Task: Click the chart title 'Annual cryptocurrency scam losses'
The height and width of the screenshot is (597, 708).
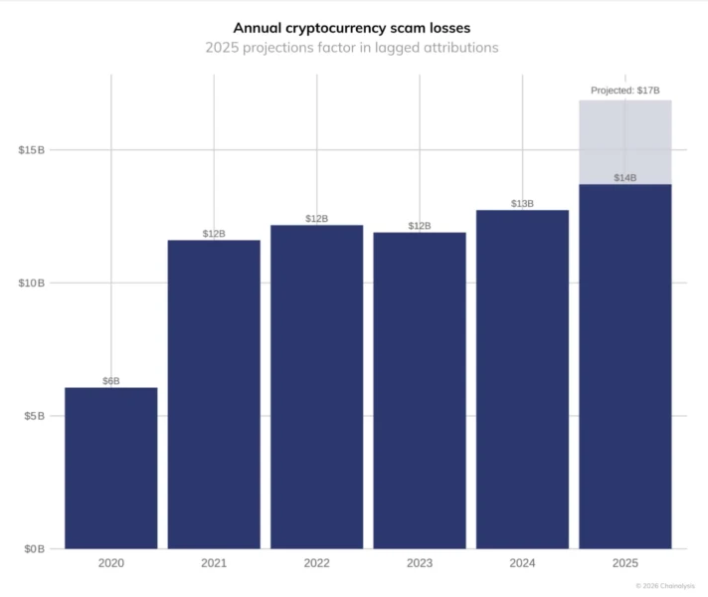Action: tap(352, 28)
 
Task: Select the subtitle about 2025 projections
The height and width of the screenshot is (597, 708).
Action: tap(352, 48)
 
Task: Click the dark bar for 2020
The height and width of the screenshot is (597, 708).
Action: tap(111, 469)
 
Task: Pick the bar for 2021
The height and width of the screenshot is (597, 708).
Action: tap(214, 395)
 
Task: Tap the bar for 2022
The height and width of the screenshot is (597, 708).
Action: tap(317, 387)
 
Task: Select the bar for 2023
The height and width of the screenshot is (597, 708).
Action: tap(420, 391)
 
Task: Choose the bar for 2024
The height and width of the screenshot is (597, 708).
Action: tap(522, 380)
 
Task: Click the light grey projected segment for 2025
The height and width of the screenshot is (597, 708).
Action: tap(625, 142)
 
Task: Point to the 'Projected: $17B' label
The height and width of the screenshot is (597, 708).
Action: tap(625, 91)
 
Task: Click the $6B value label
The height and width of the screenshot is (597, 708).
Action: tap(111, 381)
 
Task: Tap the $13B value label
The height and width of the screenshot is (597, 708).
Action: tap(522, 204)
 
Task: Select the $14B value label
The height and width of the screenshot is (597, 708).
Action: tap(625, 178)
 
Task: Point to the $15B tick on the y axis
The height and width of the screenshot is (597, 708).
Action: tap(32, 150)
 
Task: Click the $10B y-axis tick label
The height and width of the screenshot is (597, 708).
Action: tap(32, 283)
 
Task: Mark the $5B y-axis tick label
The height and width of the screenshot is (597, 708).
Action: tap(35, 416)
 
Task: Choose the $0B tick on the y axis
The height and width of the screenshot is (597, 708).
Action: tap(35, 549)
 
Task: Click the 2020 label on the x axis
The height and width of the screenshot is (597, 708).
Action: tap(111, 563)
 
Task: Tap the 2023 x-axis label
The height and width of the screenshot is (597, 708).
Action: tap(420, 563)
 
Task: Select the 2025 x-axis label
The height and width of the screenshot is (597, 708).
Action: tap(625, 563)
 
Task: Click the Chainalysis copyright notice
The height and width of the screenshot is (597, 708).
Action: tap(665, 586)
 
